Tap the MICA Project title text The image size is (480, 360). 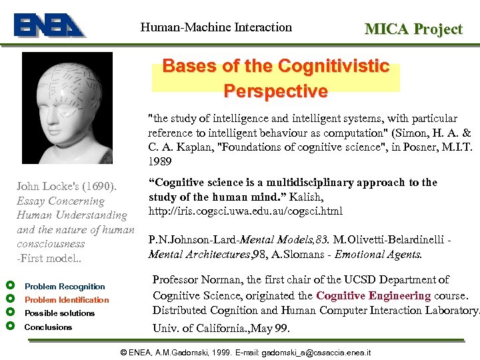(413, 29)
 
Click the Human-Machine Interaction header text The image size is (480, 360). (216, 27)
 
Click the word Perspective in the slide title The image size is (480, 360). (275, 91)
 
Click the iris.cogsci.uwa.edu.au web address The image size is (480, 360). (245, 211)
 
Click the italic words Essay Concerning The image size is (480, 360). (61, 201)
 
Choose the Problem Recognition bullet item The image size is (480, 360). (65, 287)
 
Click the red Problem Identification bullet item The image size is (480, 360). (67, 300)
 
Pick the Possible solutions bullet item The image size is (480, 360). (60, 313)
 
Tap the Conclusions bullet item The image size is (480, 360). (48, 327)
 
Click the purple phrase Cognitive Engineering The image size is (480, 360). (373, 295)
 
